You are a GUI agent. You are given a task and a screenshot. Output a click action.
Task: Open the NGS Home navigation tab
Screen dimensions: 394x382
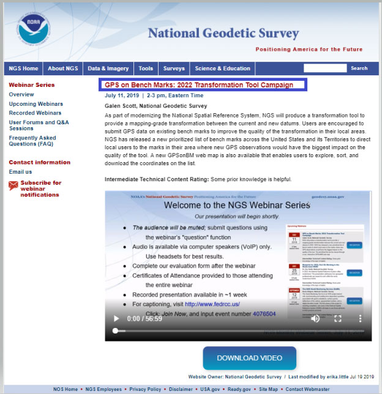23,69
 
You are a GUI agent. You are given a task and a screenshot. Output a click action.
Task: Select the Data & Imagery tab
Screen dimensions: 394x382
108,69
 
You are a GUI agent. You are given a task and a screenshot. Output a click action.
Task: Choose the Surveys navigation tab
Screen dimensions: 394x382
174,69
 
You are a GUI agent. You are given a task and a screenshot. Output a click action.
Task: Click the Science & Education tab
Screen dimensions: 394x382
223,69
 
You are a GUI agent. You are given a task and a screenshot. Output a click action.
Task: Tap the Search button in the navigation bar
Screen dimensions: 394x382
359,69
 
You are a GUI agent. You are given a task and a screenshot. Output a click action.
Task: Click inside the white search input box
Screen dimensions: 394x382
325,69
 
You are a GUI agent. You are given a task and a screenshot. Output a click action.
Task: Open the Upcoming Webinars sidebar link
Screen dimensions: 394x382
36,104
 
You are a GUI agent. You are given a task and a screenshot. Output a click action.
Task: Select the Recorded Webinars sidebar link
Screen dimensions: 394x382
35,113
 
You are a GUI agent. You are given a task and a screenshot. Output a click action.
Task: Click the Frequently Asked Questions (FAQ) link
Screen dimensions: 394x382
32,141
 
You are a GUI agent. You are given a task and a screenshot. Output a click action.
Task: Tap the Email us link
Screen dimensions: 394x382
20,172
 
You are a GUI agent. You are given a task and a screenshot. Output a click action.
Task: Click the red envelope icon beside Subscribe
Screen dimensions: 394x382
13,185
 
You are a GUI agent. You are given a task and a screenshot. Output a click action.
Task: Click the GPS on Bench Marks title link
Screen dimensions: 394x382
199,85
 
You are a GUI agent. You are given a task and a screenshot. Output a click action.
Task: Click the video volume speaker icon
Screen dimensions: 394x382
315,319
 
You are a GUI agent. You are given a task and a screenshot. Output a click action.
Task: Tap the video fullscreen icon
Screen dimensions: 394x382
337,319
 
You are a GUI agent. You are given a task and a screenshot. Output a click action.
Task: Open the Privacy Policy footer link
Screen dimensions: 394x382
145,389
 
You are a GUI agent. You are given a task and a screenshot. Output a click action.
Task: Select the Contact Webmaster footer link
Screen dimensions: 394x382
307,389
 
